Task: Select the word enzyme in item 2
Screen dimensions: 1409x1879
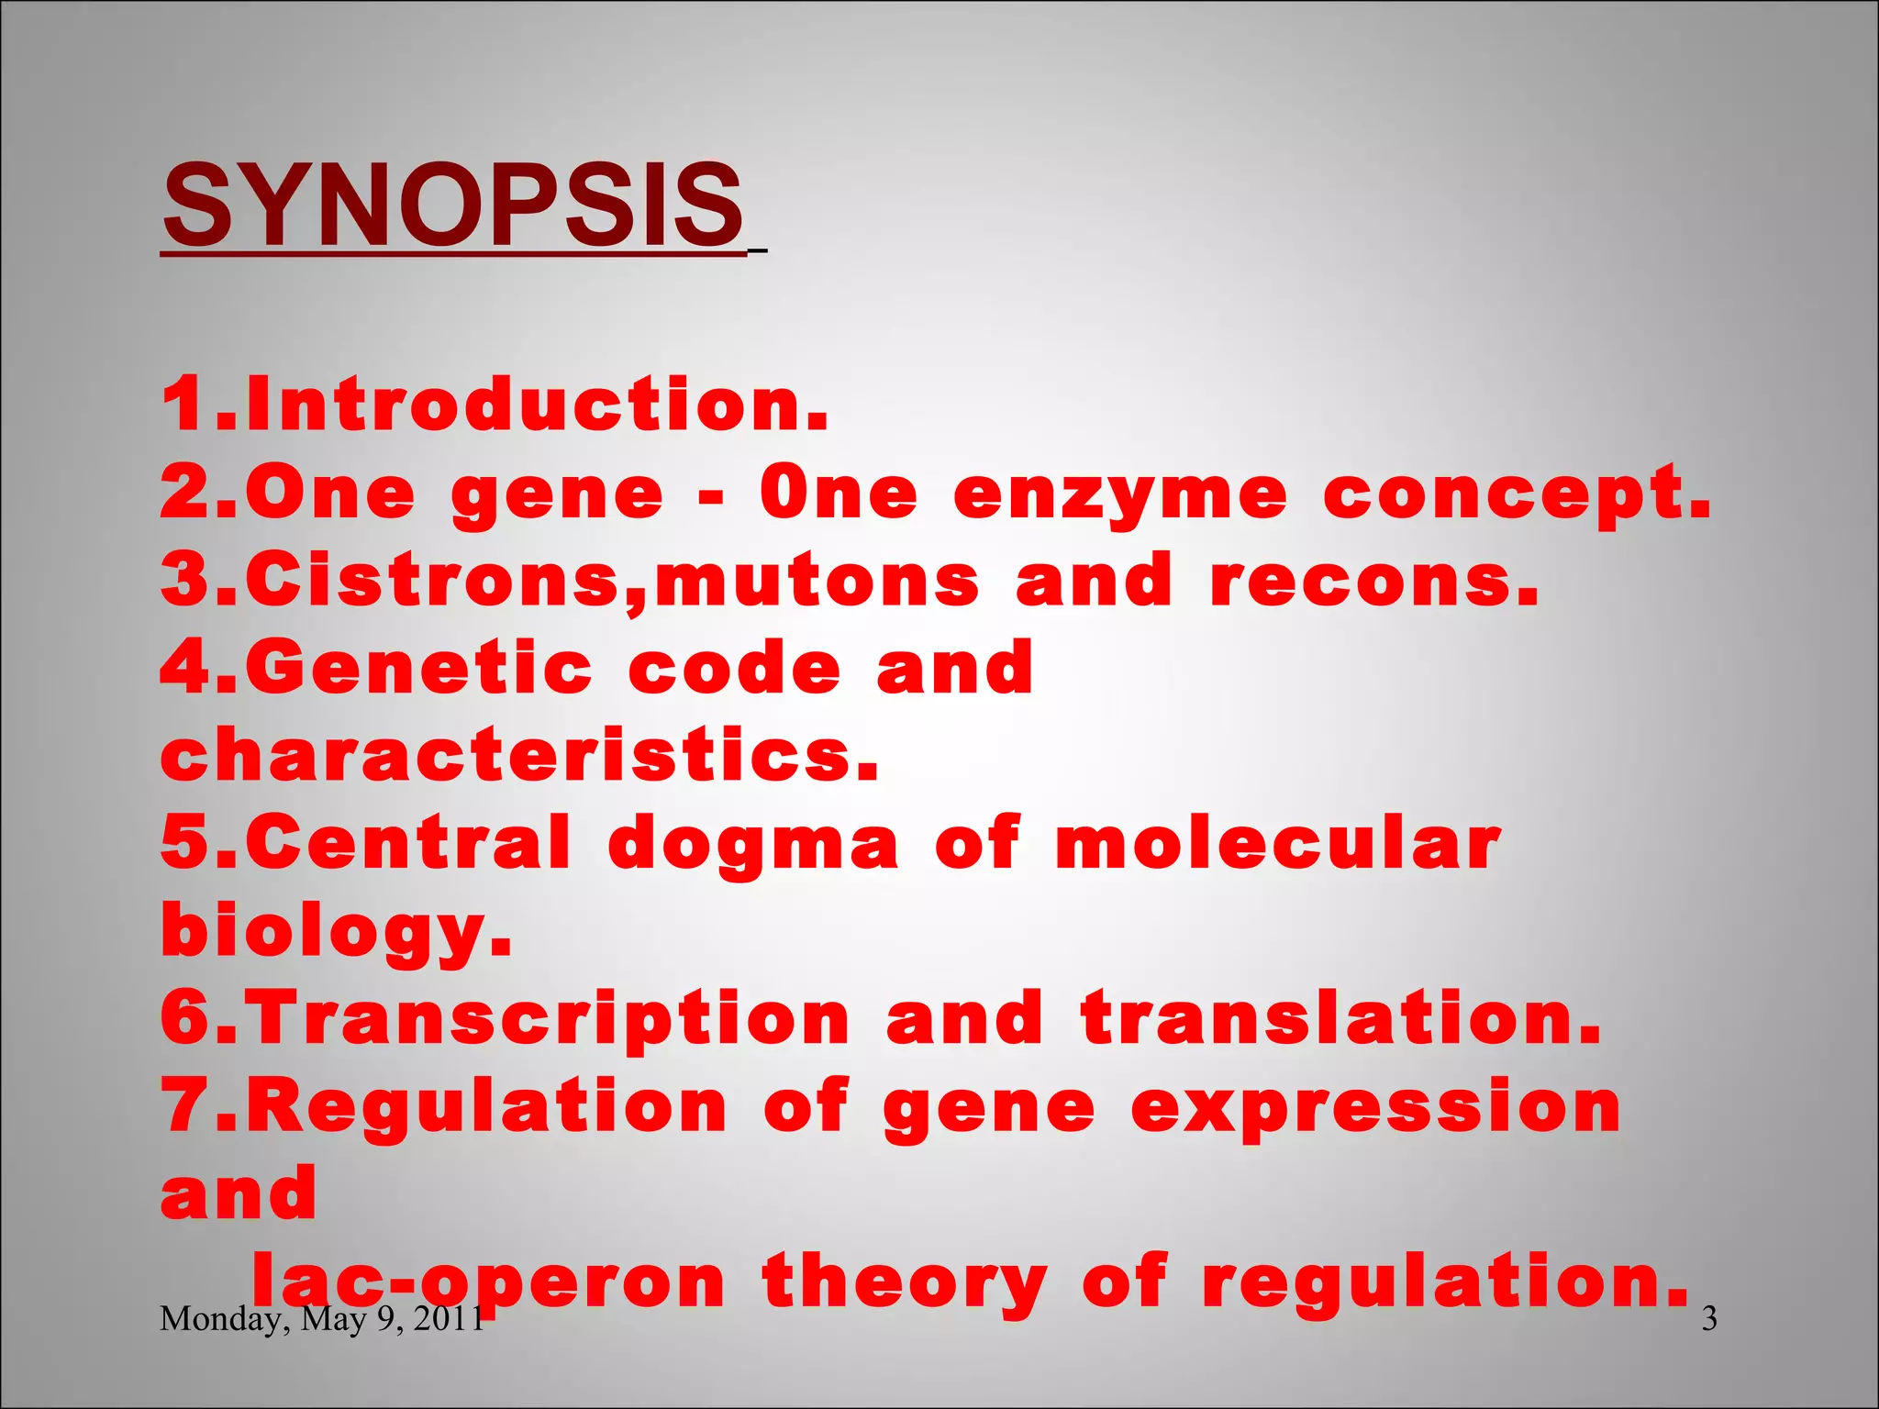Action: (x=1120, y=495)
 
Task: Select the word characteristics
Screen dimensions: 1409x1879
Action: (x=519, y=756)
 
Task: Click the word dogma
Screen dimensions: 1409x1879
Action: (x=752, y=844)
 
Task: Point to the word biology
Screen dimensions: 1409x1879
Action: (x=336, y=932)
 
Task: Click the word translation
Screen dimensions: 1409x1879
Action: (x=1340, y=1018)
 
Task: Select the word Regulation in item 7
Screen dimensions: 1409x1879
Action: (x=486, y=1106)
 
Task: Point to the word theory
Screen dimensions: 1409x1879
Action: (x=905, y=1282)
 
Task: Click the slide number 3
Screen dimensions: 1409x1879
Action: (x=1709, y=1319)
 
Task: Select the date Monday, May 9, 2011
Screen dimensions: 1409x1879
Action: (x=321, y=1319)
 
